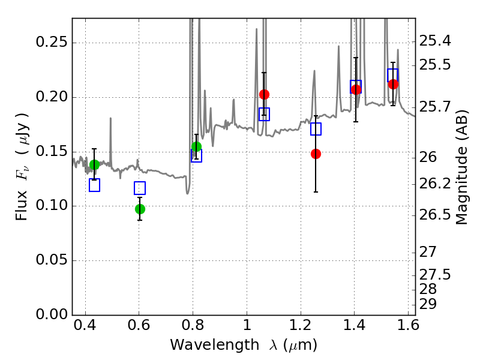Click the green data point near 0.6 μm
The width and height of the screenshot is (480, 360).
pos(140,209)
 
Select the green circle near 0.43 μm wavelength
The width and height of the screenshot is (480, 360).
pos(95,164)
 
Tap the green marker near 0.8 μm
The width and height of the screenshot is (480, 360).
pos(197,147)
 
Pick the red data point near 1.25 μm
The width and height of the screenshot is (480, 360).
pos(316,154)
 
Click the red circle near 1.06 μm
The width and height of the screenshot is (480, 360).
pos(264,94)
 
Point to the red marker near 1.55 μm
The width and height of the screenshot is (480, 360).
pos(393,84)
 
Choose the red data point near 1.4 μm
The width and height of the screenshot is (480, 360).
pos(356,89)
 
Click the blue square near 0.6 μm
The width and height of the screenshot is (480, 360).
pos(140,188)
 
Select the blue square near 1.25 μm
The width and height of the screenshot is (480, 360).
pos(316,129)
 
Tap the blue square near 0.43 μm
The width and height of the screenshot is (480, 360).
pos(94,185)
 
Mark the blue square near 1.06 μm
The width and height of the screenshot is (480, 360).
pos(264,114)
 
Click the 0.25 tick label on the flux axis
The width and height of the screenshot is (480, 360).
pos(52,41)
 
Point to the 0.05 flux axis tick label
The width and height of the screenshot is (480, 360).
pos(52,260)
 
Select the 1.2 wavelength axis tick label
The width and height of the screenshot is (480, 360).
pos(301,325)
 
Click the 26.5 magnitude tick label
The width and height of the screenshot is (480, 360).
pos(434,215)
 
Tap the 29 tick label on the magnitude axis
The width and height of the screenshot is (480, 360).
pos(428,304)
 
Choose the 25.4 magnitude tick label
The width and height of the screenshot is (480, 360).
pos(434,40)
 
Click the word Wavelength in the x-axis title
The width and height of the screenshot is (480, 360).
pos(215,345)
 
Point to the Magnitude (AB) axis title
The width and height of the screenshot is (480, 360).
pos(461,167)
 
